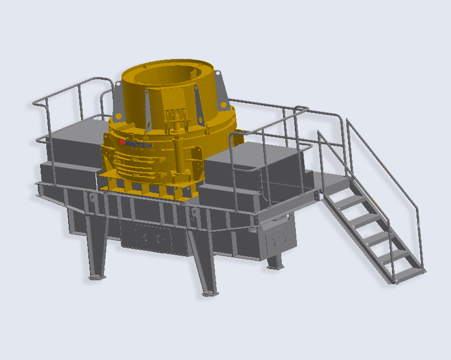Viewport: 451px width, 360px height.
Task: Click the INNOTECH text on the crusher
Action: (x=139, y=145)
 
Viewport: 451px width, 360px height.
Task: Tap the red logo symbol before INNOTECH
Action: (x=122, y=142)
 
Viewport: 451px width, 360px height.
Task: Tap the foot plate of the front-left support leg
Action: (x=95, y=277)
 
